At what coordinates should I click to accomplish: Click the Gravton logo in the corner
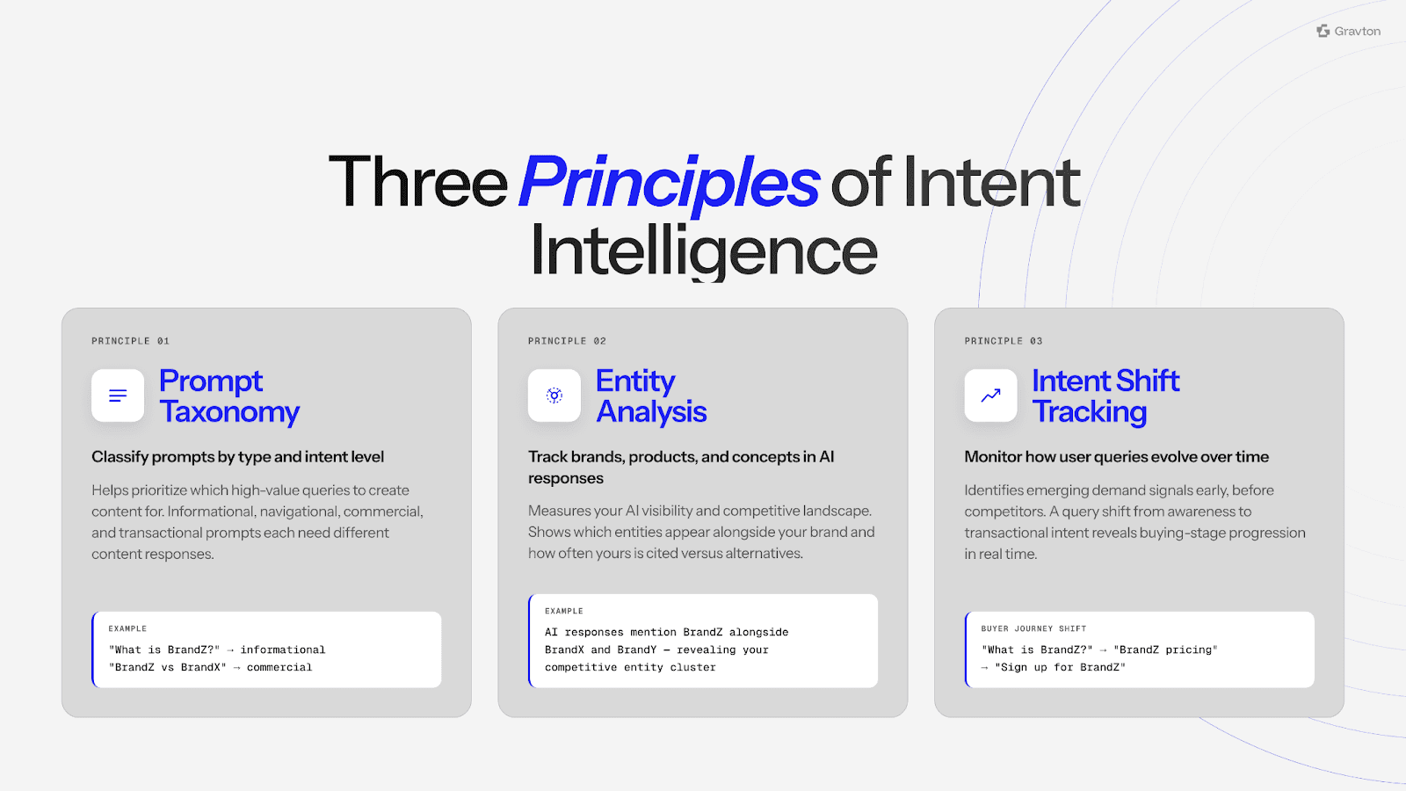(1348, 32)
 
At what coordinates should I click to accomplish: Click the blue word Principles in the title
(669, 183)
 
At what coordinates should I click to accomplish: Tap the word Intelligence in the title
(703, 251)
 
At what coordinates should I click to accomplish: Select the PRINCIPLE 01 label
(130, 341)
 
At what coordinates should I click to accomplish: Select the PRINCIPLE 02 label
(567, 341)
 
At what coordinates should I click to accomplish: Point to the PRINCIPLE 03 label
(1004, 341)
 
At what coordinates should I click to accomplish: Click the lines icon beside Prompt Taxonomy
(118, 395)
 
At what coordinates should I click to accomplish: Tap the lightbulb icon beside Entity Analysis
(554, 395)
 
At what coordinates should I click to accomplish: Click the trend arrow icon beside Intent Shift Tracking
(990, 395)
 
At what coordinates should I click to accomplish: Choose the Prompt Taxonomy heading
(228, 396)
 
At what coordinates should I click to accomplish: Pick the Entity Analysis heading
(651, 396)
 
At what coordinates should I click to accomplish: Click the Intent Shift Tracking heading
(1105, 396)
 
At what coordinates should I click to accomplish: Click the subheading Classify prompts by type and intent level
(237, 457)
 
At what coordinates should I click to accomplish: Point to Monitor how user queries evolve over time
(1116, 457)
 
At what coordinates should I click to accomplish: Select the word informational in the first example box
(283, 650)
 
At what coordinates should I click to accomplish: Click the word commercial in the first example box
(279, 668)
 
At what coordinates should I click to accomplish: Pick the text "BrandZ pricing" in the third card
(1165, 650)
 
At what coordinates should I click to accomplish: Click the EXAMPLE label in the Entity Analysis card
(564, 612)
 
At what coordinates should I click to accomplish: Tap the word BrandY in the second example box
(637, 650)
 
